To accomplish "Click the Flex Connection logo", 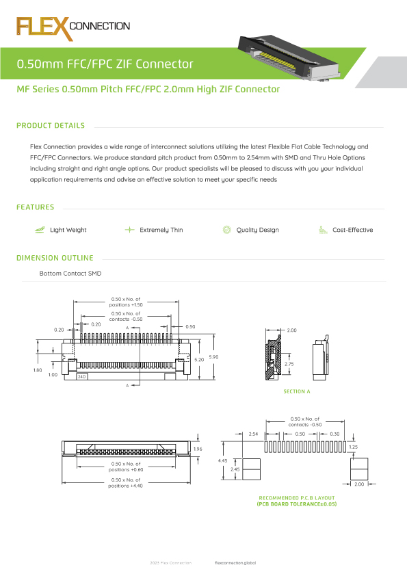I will click(x=73, y=27).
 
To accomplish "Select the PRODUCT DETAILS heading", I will click(x=51, y=126).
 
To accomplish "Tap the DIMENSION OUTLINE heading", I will click(x=55, y=259).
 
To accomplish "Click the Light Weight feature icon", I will click(x=39, y=230).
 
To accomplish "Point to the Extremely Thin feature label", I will click(x=161, y=231).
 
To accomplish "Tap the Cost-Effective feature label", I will click(x=352, y=231).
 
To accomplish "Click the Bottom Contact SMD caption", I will click(x=71, y=274).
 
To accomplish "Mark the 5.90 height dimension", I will click(x=214, y=358).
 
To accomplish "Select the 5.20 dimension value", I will click(x=199, y=359).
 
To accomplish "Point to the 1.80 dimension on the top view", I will click(x=38, y=370).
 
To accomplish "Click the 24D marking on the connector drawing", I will click(x=81, y=377).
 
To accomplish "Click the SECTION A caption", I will click(x=297, y=391).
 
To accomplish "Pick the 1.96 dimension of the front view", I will click(x=198, y=449).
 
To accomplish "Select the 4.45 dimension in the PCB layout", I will click(x=223, y=461).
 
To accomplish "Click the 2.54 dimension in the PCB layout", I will click(x=253, y=434).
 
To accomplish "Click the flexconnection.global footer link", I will click(x=235, y=562).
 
